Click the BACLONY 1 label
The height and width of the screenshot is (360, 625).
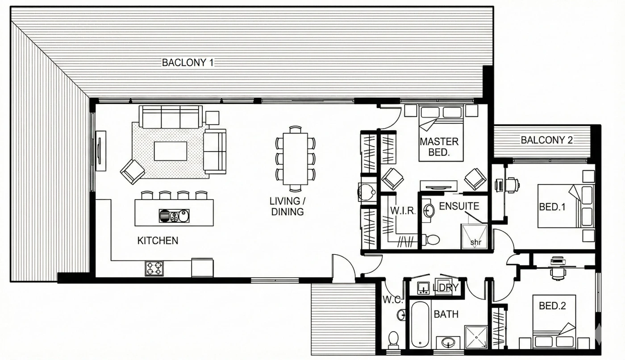[x=188, y=62]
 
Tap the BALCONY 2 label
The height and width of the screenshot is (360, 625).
[x=546, y=140]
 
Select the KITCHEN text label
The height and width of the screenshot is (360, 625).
[x=158, y=240]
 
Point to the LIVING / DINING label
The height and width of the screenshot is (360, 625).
[x=287, y=207]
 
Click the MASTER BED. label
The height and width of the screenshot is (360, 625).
[x=439, y=147]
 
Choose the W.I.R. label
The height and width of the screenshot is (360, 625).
[x=403, y=211]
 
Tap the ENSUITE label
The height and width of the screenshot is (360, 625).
[x=459, y=207]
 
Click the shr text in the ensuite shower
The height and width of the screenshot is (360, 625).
[x=476, y=242]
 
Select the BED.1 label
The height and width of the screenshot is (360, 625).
[x=552, y=207]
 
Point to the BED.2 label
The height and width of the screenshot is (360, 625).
[x=552, y=306]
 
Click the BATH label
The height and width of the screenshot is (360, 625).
[x=446, y=314]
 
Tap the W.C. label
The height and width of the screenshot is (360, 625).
[x=392, y=300]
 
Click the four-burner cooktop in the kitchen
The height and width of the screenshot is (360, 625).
[x=154, y=269]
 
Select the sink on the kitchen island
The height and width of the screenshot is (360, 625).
[x=174, y=216]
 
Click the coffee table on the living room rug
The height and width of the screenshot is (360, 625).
[x=171, y=151]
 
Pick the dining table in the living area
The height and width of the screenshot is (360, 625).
[x=296, y=159]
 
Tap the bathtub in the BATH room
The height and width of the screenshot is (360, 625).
[x=420, y=324]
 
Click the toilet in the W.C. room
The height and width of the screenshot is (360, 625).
[x=393, y=340]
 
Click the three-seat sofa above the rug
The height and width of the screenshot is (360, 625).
[x=171, y=117]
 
